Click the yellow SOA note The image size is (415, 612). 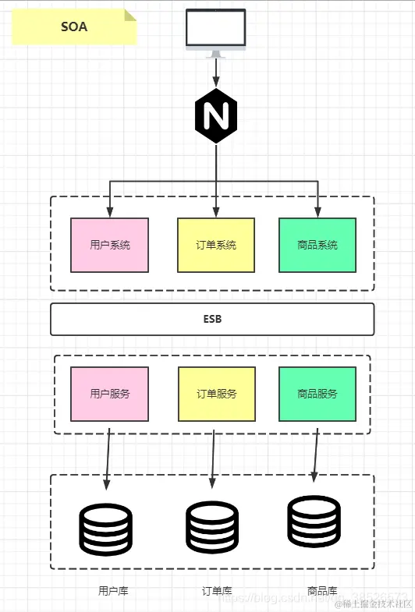(x=74, y=27)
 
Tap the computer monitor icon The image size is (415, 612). (x=215, y=30)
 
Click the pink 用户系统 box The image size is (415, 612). (x=109, y=245)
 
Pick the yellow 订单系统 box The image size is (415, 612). (x=216, y=245)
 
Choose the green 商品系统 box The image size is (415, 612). (x=317, y=245)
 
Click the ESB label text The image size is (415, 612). (x=212, y=319)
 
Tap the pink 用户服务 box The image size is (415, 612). (x=109, y=394)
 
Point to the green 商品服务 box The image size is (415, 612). (x=317, y=394)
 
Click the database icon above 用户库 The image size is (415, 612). (x=106, y=529)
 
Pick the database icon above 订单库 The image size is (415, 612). (x=212, y=528)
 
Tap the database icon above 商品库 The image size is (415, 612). (x=314, y=522)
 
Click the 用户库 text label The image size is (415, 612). (x=114, y=590)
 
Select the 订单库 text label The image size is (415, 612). (x=217, y=590)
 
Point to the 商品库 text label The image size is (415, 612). (x=322, y=590)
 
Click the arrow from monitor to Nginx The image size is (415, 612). (x=215, y=73)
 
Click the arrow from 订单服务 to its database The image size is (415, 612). (x=213, y=460)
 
